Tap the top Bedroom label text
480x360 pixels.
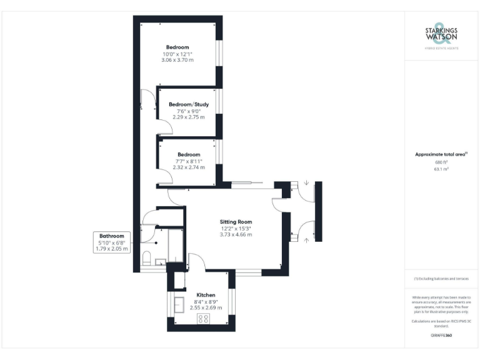click(178, 47)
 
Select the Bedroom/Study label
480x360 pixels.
click(189, 104)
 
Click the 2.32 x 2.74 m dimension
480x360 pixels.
click(189, 167)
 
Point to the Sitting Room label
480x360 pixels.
click(236, 222)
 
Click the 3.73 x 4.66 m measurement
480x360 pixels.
click(236, 234)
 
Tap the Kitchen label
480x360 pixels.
click(206, 295)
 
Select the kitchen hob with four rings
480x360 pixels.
click(204, 319)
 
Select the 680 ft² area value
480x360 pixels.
click(441, 162)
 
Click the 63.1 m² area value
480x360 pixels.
click(441, 169)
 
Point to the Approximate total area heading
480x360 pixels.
click(441, 154)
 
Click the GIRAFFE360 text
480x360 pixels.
click(441, 336)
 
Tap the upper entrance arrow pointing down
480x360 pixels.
click(307, 183)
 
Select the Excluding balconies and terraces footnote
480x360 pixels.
click(441, 279)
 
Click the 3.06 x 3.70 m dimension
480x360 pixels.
click(178, 61)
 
